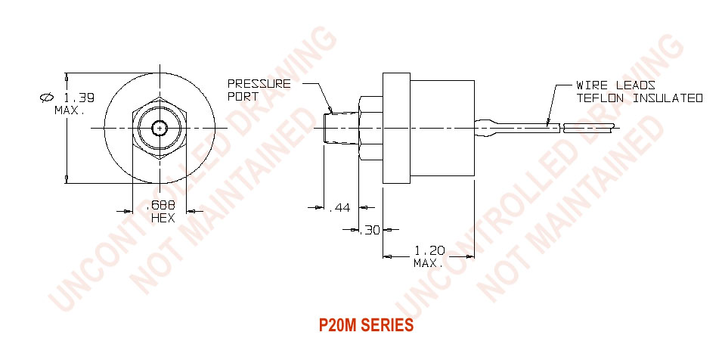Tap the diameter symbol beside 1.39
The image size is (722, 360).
pos(46,98)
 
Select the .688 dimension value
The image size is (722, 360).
pos(161,206)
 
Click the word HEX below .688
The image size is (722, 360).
pos(163,218)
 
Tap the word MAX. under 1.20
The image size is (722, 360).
pos(428,262)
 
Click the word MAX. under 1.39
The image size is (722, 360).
pos(70,110)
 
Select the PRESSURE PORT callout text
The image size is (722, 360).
pos(259,90)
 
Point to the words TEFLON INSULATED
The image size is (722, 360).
pos(640,98)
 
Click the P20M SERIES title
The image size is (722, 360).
pos(366,326)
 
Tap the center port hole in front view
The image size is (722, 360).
pos(160,128)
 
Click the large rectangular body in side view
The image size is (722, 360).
pos(442,128)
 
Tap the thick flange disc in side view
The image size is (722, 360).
pos(395,128)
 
